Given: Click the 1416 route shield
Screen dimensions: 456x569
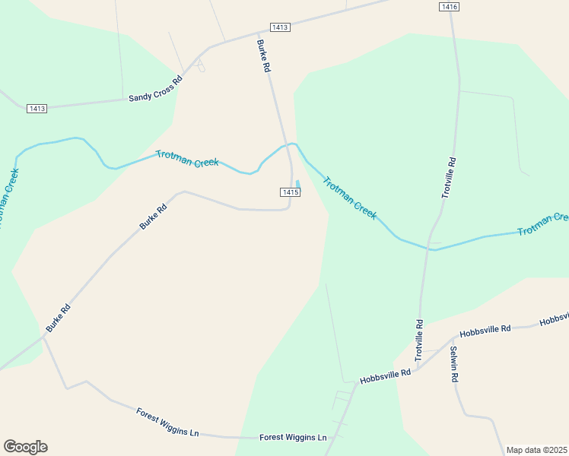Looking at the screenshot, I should coord(450,7).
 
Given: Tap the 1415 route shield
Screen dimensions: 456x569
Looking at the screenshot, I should coord(290,192).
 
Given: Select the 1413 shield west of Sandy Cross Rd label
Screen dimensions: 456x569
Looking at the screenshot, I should coord(37,109).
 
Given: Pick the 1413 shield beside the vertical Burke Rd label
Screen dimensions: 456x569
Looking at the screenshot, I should coord(280,27).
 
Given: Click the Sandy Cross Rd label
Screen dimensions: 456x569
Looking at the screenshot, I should coord(155,89).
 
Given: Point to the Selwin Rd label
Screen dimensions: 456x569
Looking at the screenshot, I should coord(453,363).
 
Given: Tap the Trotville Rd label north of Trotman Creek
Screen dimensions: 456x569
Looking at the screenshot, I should coord(450,178).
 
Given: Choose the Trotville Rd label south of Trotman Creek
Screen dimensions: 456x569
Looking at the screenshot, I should coord(419,339).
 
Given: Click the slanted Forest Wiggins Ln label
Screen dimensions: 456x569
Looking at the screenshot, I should coord(167,423).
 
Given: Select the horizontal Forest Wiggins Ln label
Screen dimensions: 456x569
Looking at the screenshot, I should coord(293,438).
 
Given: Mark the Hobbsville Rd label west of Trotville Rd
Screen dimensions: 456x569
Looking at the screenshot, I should coord(385,375).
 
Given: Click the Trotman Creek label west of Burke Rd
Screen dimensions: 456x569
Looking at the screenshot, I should coord(187,158).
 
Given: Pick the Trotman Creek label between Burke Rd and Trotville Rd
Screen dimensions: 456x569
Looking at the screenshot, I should coord(350,198).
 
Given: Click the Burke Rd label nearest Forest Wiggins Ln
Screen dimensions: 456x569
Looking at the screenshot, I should coord(58,318).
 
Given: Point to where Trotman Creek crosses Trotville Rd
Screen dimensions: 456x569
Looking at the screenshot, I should coord(431,246).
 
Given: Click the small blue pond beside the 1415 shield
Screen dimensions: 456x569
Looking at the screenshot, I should coord(297,183).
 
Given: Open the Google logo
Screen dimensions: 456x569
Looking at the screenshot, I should coord(25,447).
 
